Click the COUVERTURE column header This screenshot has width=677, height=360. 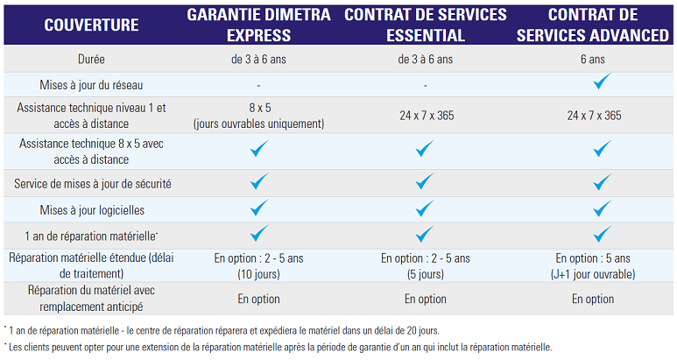coord(91,25)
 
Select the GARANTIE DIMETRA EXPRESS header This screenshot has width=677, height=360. coord(258,25)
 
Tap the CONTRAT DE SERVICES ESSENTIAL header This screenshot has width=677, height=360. coord(426,25)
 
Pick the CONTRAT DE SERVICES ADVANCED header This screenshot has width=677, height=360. coord(595,25)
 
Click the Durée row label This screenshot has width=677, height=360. coord(91,59)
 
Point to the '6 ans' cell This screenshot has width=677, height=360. coord(595,59)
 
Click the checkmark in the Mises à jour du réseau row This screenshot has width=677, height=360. coord(600,83)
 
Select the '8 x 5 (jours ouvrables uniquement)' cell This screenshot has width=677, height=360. coord(258,116)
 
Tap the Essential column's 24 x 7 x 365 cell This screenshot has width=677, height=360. coord(426,116)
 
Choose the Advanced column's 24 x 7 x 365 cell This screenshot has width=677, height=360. coord(595,116)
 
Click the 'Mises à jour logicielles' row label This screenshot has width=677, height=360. coord(91,210)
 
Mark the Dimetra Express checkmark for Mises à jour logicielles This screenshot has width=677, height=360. coord(258,208)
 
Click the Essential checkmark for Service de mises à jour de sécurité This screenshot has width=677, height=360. coord(425,181)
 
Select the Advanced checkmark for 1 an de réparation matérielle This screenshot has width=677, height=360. coord(600,234)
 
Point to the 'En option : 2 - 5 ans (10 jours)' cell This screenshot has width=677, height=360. coord(258,265)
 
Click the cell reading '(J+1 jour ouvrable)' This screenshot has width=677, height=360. coord(595,272)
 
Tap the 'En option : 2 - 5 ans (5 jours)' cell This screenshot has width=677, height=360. coord(426,265)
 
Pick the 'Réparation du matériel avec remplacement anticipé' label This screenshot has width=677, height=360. coord(91,299)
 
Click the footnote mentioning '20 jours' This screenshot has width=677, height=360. coord(223,330)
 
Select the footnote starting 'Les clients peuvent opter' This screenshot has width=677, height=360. coord(279,347)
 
